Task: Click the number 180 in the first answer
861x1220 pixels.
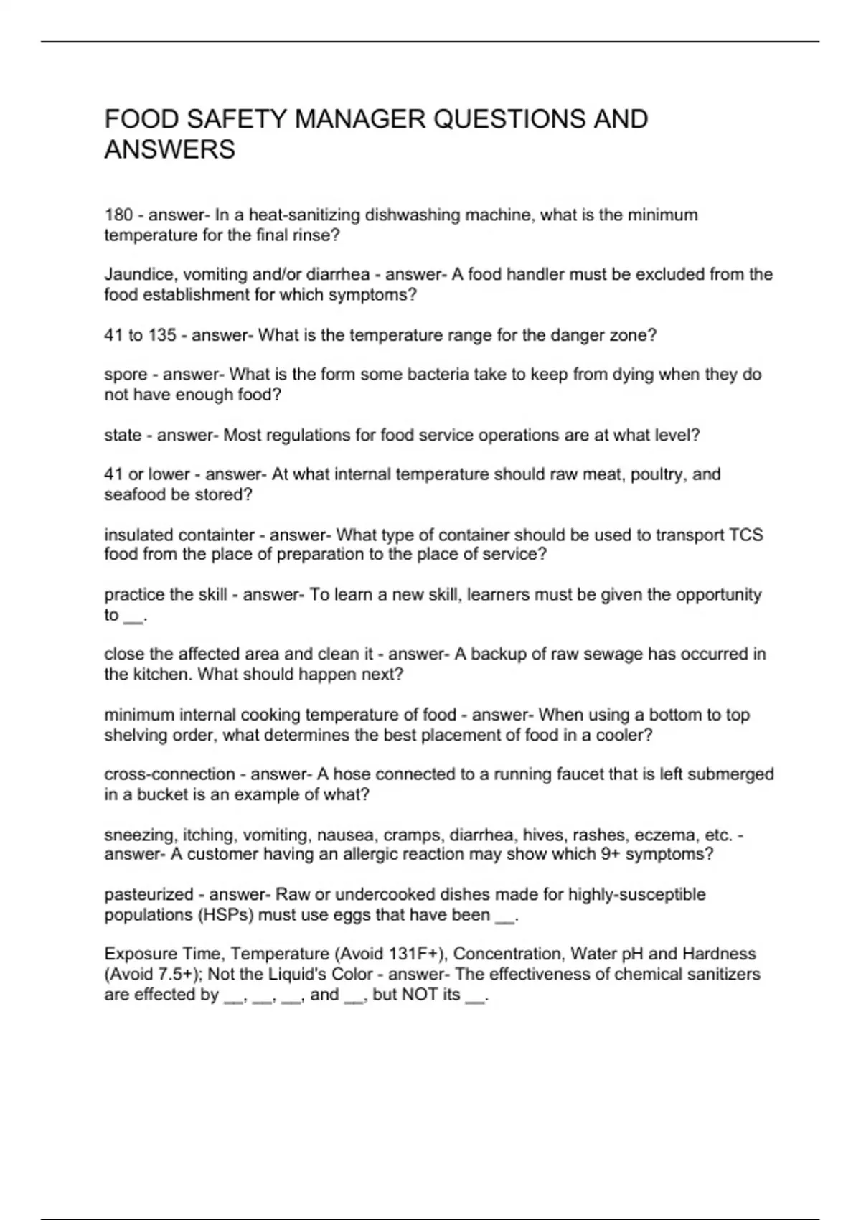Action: click(118, 215)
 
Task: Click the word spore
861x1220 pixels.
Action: click(126, 375)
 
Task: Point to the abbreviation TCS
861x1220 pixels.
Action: click(746, 535)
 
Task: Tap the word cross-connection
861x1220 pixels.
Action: click(169, 774)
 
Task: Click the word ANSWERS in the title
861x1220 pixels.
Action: click(170, 150)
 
